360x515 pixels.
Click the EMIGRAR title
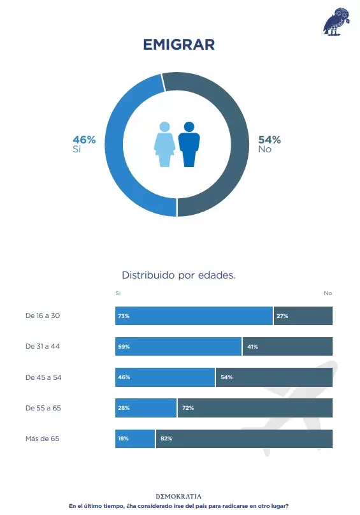179,45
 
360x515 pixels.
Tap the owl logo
336,22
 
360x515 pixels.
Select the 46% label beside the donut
84,140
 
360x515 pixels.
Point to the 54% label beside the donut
270,140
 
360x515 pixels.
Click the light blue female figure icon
164,144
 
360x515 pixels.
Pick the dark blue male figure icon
189,144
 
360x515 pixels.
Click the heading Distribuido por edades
178,275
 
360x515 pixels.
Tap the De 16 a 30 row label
43,316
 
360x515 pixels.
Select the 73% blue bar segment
194,316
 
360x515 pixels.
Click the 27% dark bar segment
303,316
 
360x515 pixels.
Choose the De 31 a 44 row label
43,346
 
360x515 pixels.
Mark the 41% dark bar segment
287,347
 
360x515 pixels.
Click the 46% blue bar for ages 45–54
165,377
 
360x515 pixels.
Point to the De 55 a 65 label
43,408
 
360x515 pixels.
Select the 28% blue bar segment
146,408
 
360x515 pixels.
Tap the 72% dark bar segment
255,408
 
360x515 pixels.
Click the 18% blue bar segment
135,439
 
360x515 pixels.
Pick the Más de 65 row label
43,439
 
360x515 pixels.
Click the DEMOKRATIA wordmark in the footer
178,497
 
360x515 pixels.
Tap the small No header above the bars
328,293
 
